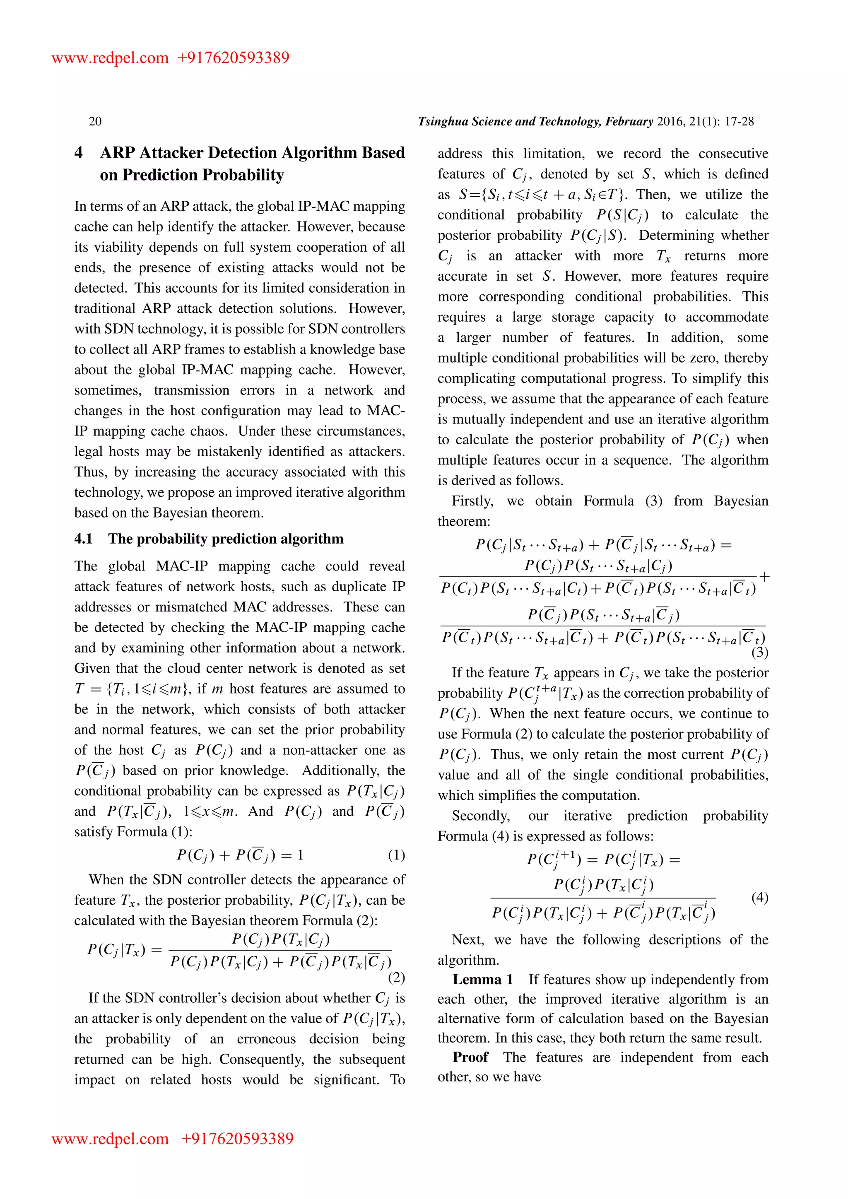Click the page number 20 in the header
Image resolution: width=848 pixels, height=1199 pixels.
tap(95, 122)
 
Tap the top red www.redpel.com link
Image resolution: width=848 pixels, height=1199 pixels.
tap(110, 58)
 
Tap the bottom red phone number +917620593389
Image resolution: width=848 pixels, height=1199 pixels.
tap(237, 1139)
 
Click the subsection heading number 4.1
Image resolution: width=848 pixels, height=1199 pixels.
tap(83, 539)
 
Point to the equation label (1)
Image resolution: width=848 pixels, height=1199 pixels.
tap(396, 855)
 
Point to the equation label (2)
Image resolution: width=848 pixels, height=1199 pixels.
tap(396, 977)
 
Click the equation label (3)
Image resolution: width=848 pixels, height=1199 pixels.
tap(759, 652)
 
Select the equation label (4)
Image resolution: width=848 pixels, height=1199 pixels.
tap(759, 897)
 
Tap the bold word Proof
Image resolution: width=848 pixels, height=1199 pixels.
tap(470, 1057)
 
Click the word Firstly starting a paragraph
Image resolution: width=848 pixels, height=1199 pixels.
tap(472, 501)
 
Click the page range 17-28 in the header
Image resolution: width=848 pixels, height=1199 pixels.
tap(740, 122)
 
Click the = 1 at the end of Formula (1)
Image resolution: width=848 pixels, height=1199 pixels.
tap(292, 855)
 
